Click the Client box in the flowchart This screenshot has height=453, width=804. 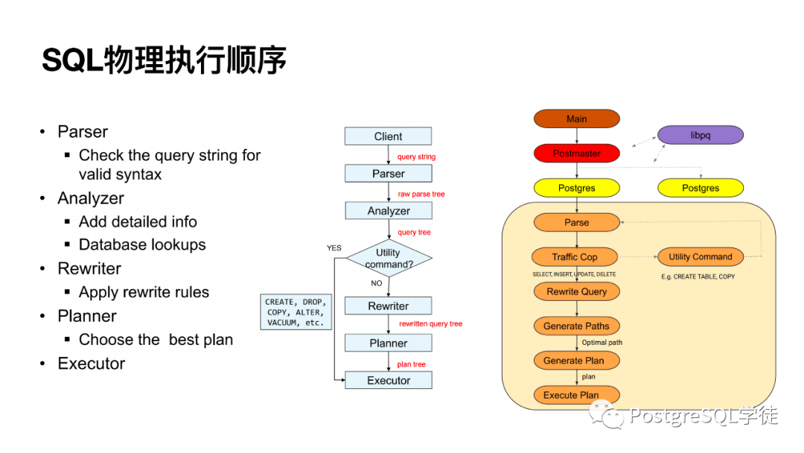tap(388, 136)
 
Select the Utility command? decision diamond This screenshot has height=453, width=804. tap(388, 259)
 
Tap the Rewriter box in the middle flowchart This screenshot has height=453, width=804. tap(388, 306)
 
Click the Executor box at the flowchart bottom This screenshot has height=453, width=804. tap(388, 380)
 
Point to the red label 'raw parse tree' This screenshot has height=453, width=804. tap(421, 194)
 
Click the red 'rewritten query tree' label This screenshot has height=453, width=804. tap(430, 324)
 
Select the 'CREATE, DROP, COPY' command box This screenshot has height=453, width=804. tap(296, 312)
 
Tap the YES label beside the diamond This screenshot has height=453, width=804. tap(334, 247)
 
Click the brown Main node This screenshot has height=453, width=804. tap(576, 118)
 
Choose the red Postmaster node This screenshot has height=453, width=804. tap(576, 153)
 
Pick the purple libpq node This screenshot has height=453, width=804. tap(701, 135)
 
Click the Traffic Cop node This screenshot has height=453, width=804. tap(575, 257)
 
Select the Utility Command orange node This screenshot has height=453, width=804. tap(701, 257)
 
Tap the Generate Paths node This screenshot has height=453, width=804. tap(576, 326)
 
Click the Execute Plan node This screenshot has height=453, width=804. tap(571, 395)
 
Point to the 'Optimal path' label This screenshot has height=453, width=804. tap(602, 343)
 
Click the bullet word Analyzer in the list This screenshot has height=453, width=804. tap(91, 198)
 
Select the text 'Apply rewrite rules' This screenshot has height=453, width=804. tap(144, 292)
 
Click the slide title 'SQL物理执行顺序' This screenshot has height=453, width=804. tap(164, 61)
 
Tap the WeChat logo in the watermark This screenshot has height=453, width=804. tap(609, 414)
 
